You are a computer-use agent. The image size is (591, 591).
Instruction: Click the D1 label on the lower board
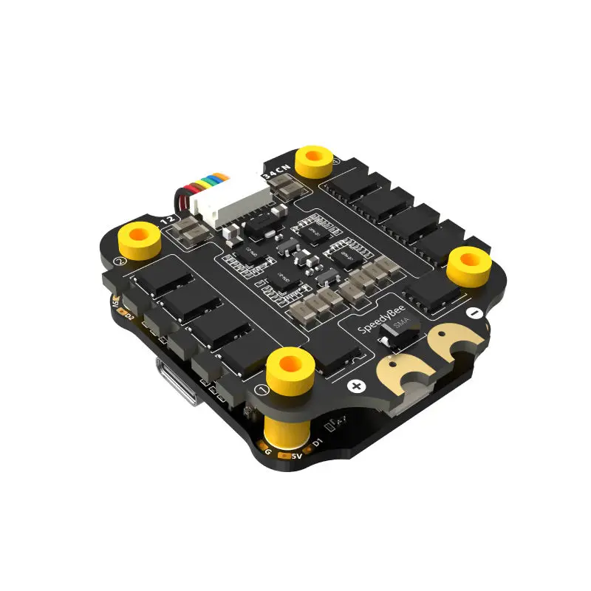tap(318, 443)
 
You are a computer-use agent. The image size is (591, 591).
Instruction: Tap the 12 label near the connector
tap(168, 219)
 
